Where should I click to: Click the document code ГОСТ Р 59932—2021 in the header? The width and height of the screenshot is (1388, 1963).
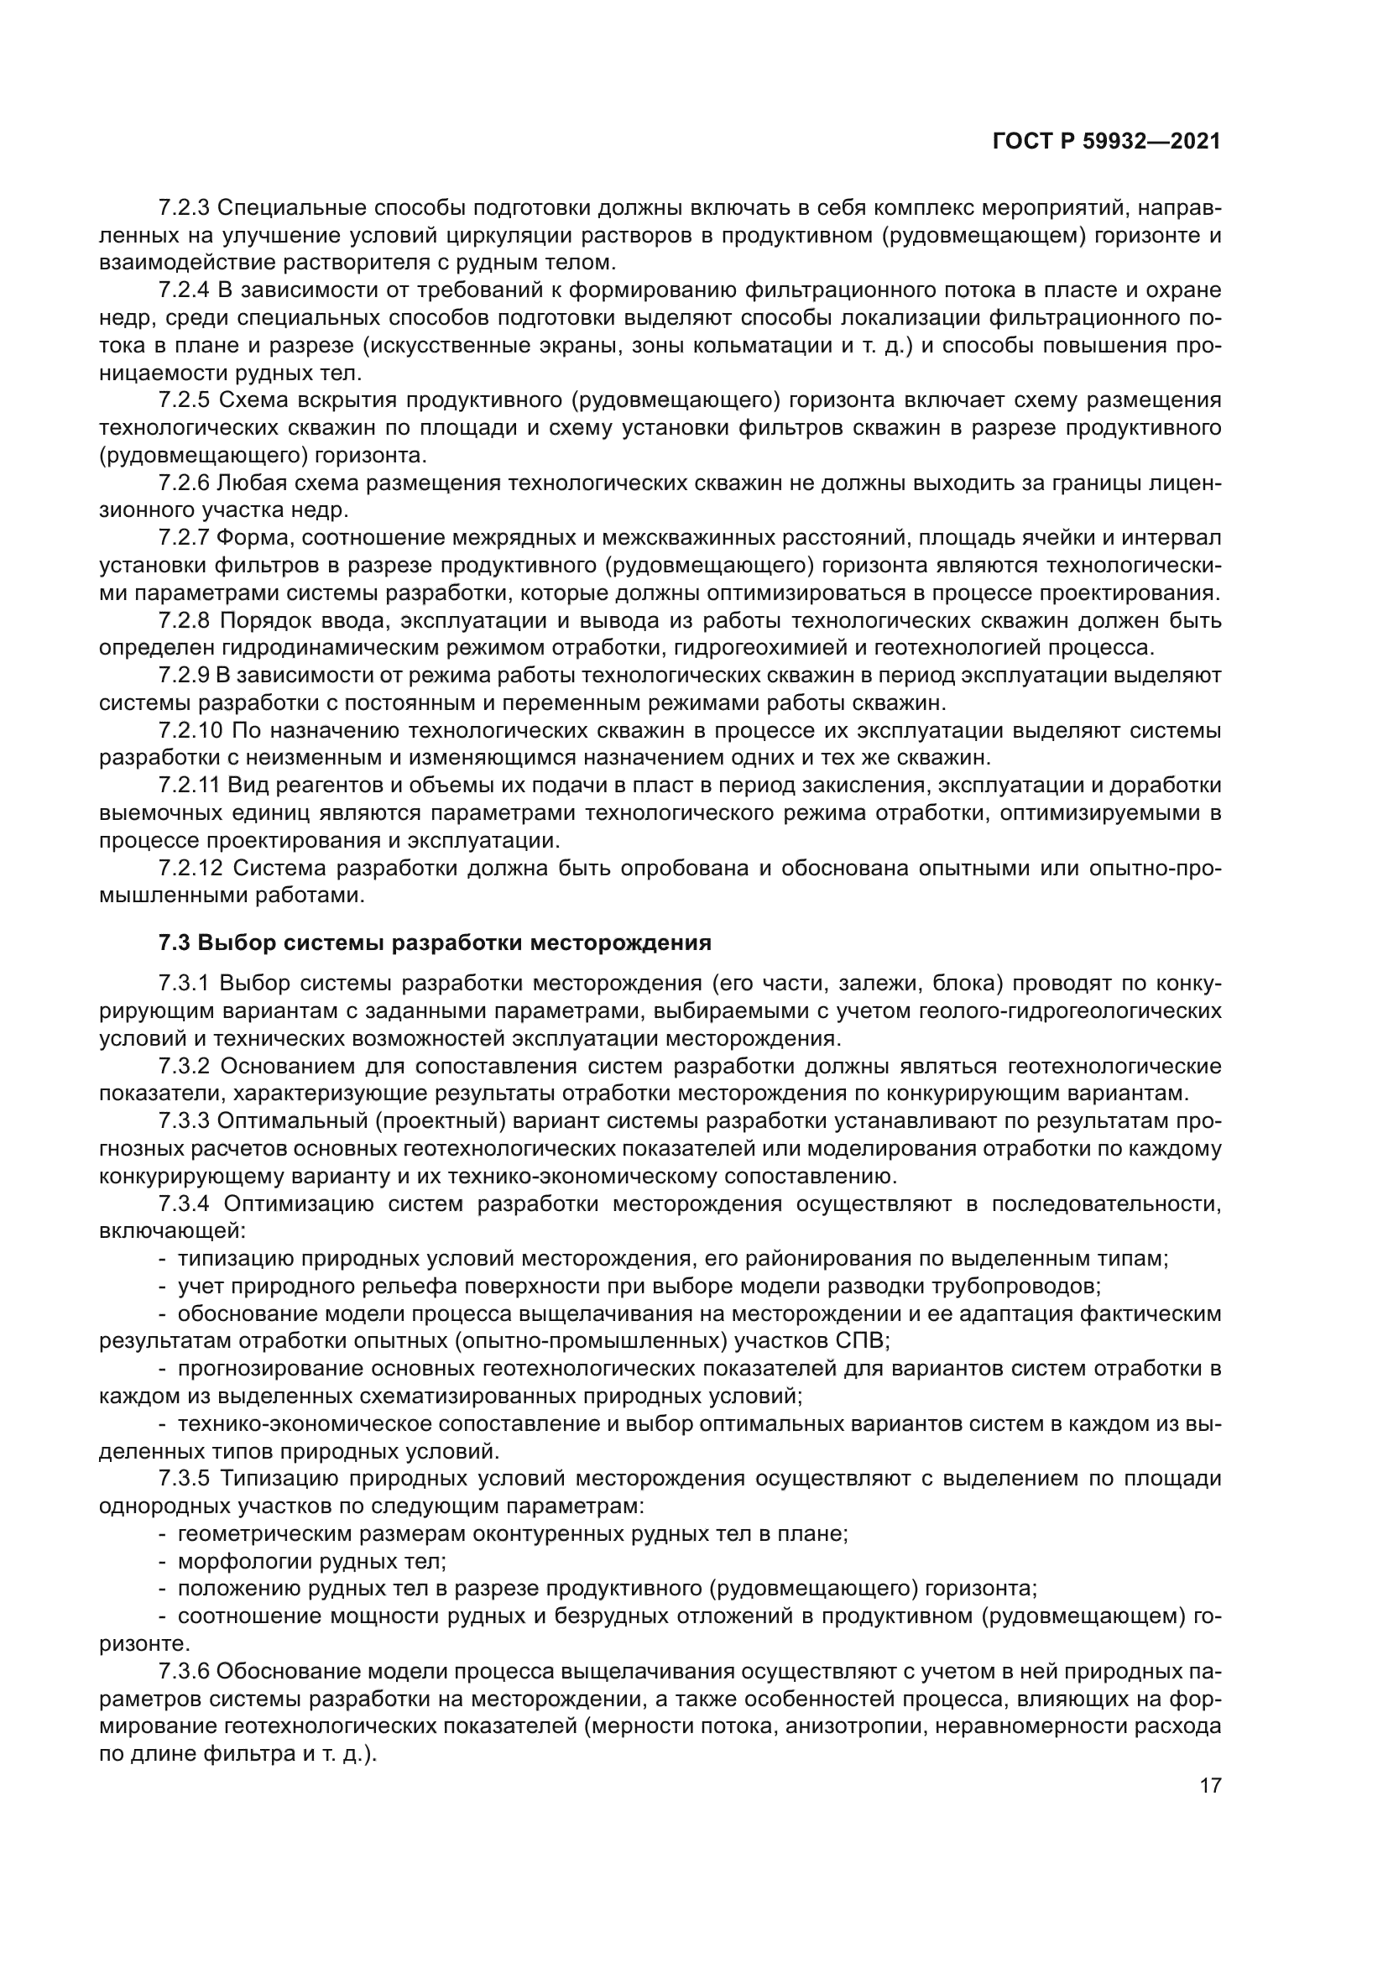click(1106, 142)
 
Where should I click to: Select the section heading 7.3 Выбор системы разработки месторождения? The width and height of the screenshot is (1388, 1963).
click(435, 943)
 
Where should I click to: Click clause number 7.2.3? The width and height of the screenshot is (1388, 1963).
click(185, 208)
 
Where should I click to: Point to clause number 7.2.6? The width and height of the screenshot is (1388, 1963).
click(185, 483)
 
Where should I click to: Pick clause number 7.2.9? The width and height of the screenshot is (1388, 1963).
click(185, 676)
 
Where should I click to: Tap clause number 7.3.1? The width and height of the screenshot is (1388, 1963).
click(185, 984)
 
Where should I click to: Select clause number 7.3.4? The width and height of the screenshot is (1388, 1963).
click(185, 1203)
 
